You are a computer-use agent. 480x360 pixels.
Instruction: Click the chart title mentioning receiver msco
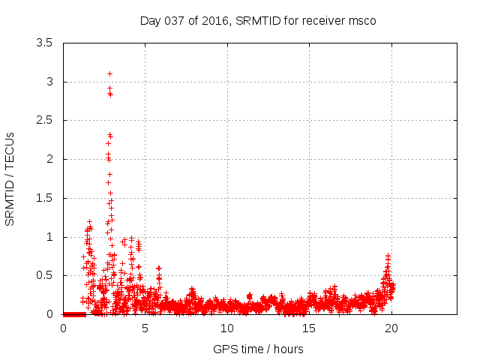click(x=258, y=20)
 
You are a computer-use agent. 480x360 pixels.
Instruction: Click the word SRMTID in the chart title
click(x=256, y=20)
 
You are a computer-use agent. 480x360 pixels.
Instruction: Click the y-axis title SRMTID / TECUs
click(x=10, y=178)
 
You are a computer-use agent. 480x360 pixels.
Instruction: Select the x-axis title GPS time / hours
click(x=258, y=349)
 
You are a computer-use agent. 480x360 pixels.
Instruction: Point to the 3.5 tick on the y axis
click(x=44, y=43)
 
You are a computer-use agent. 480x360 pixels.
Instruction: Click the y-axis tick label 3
click(x=49, y=82)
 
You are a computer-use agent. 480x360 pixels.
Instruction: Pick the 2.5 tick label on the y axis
click(x=44, y=120)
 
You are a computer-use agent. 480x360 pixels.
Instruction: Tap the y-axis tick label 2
click(x=49, y=159)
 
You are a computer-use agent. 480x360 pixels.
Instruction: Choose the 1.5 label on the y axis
click(x=44, y=198)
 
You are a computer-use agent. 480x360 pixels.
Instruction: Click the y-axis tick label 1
click(x=49, y=237)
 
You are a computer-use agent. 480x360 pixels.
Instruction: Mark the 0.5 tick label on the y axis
click(x=44, y=275)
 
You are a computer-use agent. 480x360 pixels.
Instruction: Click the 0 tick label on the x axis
click(x=63, y=328)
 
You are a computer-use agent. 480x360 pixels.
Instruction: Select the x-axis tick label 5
click(x=145, y=328)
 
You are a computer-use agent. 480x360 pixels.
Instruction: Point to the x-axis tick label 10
click(x=226, y=328)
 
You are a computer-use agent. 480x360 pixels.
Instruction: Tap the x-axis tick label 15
click(x=308, y=328)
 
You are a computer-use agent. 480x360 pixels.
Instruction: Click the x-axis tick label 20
click(x=390, y=328)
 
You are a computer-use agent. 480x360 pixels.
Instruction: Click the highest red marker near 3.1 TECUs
click(x=109, y=73)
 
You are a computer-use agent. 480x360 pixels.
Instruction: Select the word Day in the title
click(x=150, y=20)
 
